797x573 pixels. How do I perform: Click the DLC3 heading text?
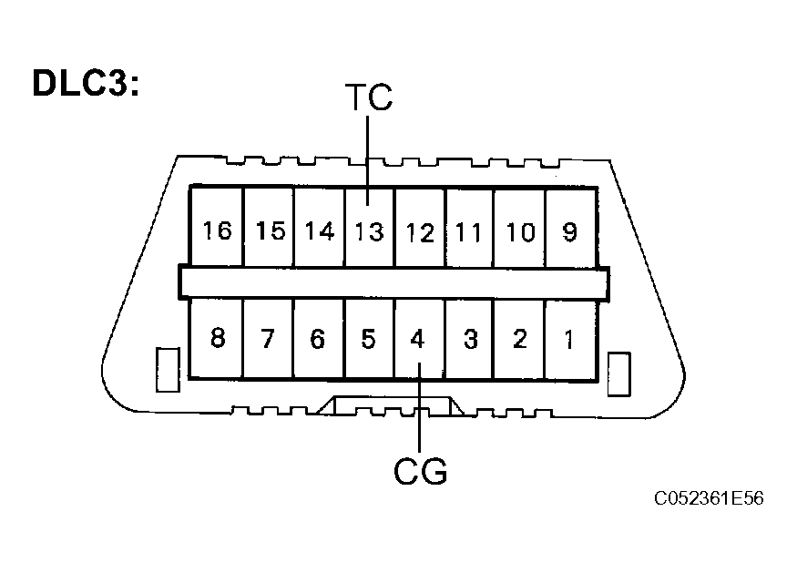point(86,82)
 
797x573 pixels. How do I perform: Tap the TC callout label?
point(369,97)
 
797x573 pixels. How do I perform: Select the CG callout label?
point(420,471)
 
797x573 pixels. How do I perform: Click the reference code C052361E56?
point(709,498)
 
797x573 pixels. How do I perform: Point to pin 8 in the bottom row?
point(217,339)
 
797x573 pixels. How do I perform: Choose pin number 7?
point(269,339)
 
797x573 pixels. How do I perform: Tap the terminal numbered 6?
point(319,339)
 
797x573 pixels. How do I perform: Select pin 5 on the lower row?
point(369,339)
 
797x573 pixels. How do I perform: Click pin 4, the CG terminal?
point(419,339)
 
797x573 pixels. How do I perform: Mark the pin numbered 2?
point(519,339)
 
